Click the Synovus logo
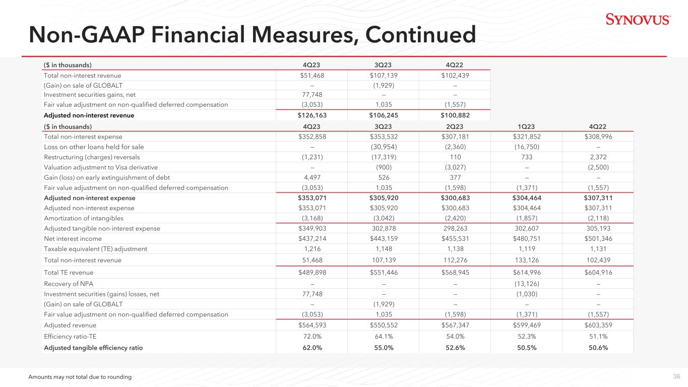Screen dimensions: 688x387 pyautogui.click(x=638, y=19)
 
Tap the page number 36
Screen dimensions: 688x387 pyautogui.click(x=676, y=376)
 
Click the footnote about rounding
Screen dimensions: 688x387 pyautogui.click(x=80, y=377)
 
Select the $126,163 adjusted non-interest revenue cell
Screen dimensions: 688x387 pyautogui.click(x=312, y=115)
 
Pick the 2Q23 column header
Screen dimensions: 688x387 pyautogui.click(x=455, y=126)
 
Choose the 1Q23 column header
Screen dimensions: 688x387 pyautogui.click(x=526, y=126)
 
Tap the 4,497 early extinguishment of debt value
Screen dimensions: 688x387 pyautogui.click(x=311, y=177)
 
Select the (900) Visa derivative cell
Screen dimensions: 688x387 pyautogui.click(x=384, y=167)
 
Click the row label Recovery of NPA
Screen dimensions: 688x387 pyautogui.click(x=69, y=284)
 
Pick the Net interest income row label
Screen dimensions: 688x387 pyautogui.click(x=73, y=239)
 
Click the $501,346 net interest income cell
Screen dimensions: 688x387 pyautogui.click(x=598, y=239)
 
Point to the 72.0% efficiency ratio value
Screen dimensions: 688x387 pyautogui.click(x=312, y=336)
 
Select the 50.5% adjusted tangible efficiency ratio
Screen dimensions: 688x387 pyautogui.click(x=527, y=348)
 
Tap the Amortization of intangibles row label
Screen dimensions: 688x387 pyautogui.click(x=84, y=218)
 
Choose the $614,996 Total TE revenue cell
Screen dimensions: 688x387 pyautogui.click(x=527, y=273)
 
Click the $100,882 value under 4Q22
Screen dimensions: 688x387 pyautogui.click(x=455, y=115)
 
